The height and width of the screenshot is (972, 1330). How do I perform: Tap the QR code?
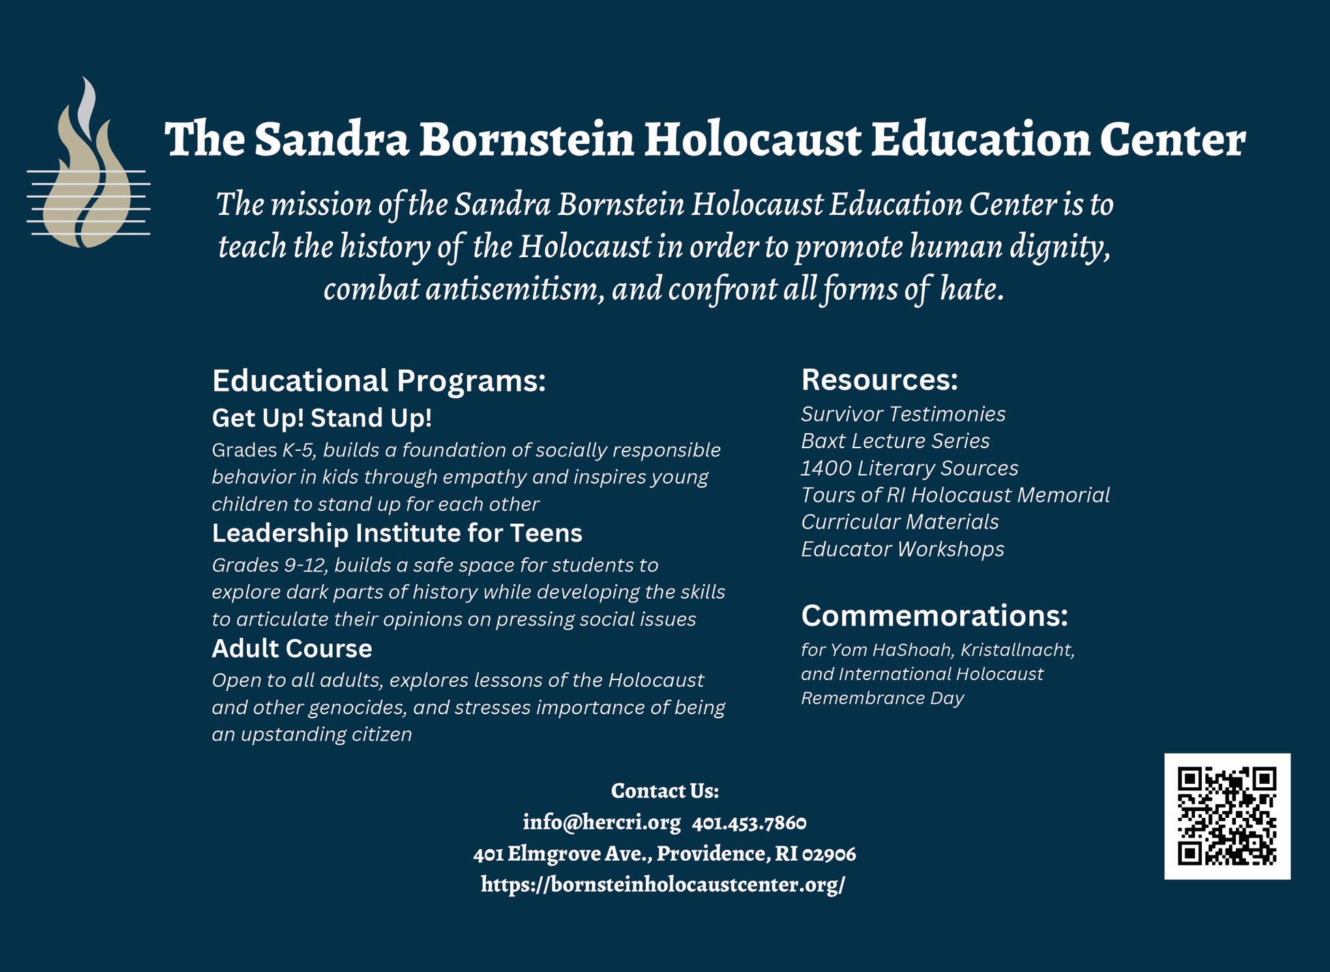(x=1227, y=816)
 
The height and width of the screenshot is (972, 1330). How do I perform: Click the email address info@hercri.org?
(x=602, y=823)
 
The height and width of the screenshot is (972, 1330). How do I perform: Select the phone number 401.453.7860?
(x=749, y=823)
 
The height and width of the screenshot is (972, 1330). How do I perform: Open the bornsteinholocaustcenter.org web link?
(x=663, y=885)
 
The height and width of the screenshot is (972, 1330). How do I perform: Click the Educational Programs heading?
(x=379, y=381)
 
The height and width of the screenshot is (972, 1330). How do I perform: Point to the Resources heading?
(x=879, y=380)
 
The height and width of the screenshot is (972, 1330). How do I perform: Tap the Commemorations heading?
(x=934, y=616)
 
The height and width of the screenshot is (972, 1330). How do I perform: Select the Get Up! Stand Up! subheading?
(x=322, y=418)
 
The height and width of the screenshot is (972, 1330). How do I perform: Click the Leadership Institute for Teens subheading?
(x=397, y=533)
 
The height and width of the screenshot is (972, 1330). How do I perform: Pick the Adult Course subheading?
(x=292, y=648)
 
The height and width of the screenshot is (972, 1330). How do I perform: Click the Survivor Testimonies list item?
(x=903, y=414)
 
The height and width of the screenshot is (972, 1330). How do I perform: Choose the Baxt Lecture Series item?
(x=895, y=441)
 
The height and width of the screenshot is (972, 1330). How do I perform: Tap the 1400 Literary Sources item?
(x=909, y=468)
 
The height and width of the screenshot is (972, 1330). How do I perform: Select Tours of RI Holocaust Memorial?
(x=955, y=495)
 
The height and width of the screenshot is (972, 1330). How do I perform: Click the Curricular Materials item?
(x=900, y=522)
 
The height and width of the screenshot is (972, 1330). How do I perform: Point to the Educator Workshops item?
(x=902, y=549)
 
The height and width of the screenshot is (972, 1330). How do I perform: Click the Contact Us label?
(x=664, y=791)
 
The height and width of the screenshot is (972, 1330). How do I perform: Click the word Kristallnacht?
(x=1017, y=650)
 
